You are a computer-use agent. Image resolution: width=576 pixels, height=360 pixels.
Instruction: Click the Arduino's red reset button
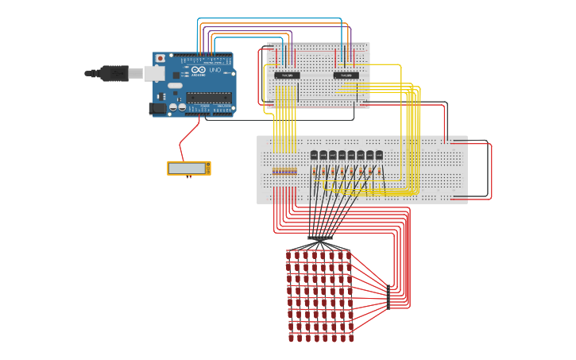160,58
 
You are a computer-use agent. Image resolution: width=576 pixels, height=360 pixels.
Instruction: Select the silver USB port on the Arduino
154,73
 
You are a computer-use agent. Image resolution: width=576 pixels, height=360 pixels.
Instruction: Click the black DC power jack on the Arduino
158,108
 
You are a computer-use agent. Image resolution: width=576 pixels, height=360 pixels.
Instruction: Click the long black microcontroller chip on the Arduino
208,97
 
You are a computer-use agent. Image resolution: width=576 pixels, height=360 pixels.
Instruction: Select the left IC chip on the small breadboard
287,75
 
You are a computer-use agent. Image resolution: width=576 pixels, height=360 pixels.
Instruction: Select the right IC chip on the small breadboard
346,75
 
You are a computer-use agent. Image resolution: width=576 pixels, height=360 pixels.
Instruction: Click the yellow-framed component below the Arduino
189,168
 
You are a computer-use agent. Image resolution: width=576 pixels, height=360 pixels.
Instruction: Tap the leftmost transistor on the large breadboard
314,155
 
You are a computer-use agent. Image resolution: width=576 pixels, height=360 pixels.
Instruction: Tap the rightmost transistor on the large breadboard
379,155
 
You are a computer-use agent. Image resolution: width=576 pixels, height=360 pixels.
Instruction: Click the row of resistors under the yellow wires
284,171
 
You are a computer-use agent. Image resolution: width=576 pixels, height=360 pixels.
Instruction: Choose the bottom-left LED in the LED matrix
291,338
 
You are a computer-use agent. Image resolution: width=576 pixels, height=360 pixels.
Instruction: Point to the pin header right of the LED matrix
388,295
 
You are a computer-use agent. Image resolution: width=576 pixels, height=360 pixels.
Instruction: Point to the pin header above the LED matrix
320,238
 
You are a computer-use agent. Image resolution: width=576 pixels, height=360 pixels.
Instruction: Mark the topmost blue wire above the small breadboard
270,18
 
